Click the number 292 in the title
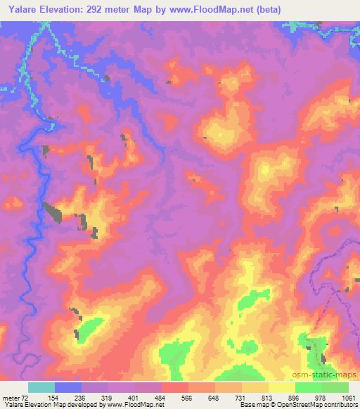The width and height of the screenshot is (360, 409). tap(102, 10)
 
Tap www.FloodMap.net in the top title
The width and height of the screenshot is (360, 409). tap(219, 10)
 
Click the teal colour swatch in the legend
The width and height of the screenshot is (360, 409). tap(41, 387)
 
